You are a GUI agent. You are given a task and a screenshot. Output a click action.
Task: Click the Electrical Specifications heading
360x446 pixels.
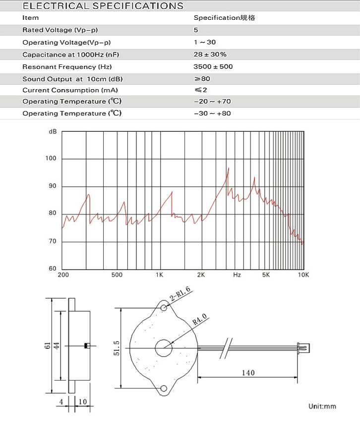103,6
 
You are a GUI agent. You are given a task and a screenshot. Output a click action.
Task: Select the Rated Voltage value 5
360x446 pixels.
196,30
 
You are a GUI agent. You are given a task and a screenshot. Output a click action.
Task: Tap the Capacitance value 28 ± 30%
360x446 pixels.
210,54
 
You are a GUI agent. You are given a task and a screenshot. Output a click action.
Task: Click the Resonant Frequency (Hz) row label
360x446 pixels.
67,66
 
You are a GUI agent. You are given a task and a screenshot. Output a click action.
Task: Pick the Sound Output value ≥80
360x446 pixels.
202,79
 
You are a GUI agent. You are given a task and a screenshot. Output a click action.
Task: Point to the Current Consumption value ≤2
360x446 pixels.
200,90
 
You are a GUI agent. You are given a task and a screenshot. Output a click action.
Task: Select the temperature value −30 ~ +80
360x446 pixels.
212,113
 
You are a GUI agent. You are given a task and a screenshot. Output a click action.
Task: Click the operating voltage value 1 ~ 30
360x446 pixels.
204,43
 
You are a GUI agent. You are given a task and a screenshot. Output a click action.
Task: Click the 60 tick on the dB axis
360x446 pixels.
52,269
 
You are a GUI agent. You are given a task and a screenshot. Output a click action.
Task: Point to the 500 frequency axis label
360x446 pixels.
117,275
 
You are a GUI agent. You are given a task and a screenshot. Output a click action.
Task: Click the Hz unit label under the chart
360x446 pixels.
237,275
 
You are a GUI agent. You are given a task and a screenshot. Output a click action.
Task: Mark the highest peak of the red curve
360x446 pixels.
229,168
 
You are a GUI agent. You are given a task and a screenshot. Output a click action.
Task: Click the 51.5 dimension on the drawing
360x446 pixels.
116,347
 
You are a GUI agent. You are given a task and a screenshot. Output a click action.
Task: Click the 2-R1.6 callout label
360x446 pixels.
180,295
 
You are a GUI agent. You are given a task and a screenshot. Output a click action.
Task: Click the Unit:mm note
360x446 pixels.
322,406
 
